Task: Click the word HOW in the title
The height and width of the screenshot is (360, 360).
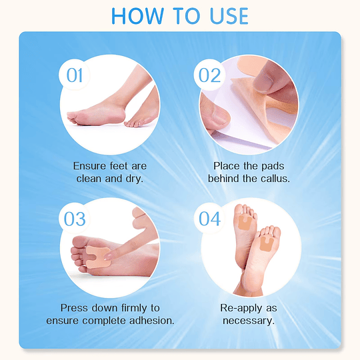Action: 137,16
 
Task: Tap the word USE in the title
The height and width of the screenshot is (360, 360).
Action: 229,16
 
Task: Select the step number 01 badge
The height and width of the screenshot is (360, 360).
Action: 75,75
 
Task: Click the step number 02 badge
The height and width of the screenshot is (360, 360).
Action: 209,75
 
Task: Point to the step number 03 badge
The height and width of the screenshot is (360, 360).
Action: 75,219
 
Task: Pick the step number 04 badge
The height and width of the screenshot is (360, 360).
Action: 209,219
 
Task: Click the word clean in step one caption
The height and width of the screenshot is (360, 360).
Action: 89,179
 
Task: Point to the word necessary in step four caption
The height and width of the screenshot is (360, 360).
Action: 249,321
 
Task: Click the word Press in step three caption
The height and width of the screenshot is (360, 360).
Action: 74,308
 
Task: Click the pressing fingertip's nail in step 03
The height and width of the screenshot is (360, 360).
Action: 108,257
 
